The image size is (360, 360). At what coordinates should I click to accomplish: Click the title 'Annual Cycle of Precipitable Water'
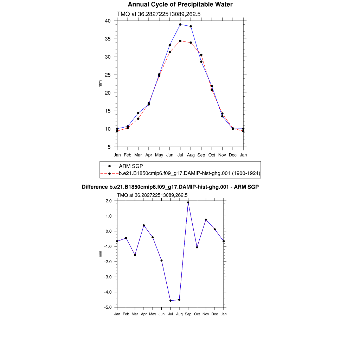click(180, 5)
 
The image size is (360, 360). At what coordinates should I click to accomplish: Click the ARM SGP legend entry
click(131, 166)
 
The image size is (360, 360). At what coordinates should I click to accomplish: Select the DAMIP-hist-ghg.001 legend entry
click(189, 173)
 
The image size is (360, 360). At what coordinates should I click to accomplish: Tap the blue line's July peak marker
click(180, 25)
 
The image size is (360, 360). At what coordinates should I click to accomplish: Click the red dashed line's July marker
click(180, 41)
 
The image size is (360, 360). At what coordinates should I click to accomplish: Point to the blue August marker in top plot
click(191, 26)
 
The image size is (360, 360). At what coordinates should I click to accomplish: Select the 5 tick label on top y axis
click(109, 147)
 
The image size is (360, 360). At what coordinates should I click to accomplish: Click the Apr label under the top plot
click(149, 155)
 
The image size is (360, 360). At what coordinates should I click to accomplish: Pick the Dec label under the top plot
click(233, 155)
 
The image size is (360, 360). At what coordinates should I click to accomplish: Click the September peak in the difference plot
click(188, 202)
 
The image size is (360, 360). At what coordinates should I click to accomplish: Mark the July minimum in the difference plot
click(171, 301)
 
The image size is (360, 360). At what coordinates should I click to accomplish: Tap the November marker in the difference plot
click(206, 220)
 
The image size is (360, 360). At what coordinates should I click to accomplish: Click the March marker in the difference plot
click(135, 255)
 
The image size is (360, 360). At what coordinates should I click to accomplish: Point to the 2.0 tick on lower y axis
click(108, 201)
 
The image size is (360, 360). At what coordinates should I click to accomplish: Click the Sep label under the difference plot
click(188, 314)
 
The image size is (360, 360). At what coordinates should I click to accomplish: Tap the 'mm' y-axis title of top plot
click(100, 84)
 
